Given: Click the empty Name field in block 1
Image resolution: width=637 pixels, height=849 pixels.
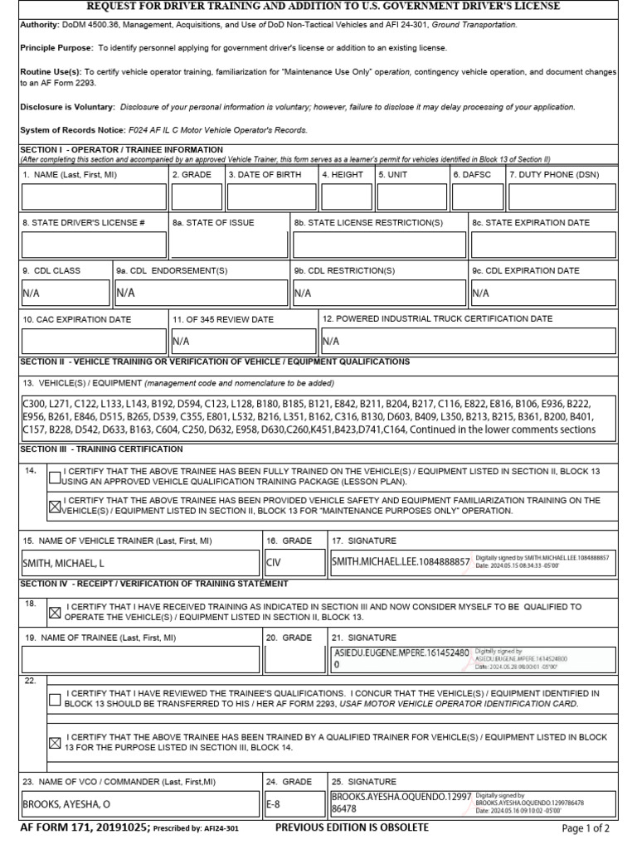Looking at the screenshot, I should point(94,196).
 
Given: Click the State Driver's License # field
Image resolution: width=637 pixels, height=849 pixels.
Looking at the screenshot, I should point(94,245).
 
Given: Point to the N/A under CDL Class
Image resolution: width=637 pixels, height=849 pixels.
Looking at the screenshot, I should point(31,293).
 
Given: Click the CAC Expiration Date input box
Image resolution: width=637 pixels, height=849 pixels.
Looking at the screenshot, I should point(94,341).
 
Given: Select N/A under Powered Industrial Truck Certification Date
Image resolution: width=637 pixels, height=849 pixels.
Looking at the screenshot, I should point(330,341).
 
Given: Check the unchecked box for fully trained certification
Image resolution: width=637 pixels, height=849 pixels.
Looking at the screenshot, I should point(55,477).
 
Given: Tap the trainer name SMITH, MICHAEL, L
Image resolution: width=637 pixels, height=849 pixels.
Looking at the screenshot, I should point(64,563).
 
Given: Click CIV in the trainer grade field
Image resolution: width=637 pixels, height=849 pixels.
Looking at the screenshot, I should point(275,563).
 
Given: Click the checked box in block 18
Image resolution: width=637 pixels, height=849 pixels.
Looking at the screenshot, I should point(55,613).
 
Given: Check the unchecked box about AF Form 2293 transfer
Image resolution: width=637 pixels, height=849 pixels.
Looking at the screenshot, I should point(55,699).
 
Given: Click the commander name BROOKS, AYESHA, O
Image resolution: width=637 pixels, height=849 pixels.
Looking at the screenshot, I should point(66,803).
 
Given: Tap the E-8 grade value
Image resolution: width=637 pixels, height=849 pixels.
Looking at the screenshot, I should point(275,803).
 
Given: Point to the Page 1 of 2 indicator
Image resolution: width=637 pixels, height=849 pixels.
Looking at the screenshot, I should point(586,827).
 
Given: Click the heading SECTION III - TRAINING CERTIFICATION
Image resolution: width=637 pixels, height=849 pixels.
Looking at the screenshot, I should point(101,449).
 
